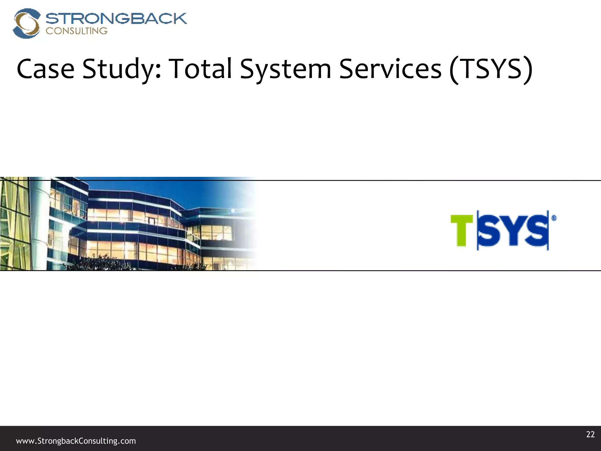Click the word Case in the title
point(45,69)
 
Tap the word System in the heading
point(286,70)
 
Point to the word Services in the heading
point(390,69)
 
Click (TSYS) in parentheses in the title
point(491,70)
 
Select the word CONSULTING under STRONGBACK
point(77,31)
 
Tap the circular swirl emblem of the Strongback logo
point(26,23)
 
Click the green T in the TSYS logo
point(462,230)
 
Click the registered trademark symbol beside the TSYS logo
point(554,218)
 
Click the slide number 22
point(590,434)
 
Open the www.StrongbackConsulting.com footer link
point(76,441)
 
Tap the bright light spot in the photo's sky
point(233,211)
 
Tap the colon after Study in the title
point(158,72)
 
